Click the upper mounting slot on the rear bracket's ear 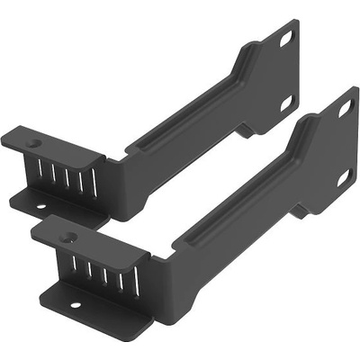[285, 40]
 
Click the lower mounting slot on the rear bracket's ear [286, 104]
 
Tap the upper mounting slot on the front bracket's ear [346, 110]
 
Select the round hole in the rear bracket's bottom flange [40, 208]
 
